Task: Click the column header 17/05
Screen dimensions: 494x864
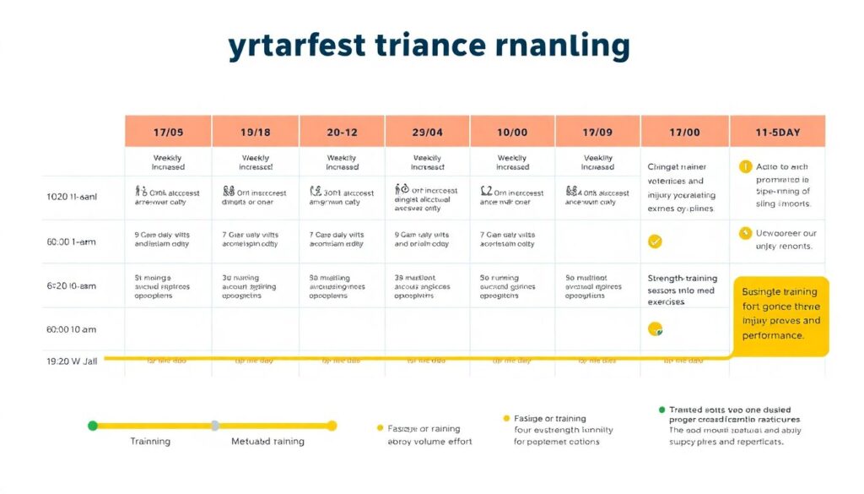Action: point(168,132)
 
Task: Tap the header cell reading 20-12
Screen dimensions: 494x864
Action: point(341,132)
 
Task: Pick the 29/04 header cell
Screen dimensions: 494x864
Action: point(427,132)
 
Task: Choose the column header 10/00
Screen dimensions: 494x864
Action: point(512,132)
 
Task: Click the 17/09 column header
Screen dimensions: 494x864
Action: point(597,132)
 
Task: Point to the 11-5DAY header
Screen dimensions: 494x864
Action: point(777,132)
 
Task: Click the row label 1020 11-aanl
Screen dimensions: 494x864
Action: point(72,197)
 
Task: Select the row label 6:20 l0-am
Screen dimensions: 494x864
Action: point(72,286)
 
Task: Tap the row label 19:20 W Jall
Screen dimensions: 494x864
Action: point(72,361)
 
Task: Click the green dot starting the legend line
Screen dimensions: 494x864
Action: point(93,426)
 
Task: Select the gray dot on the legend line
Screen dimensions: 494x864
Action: point(215,426)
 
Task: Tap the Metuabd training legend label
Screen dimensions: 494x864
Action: point(268,442)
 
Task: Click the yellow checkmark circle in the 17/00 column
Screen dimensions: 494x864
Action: point(655,242)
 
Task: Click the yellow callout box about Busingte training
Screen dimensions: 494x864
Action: point(780,313)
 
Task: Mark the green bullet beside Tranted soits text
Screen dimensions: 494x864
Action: point(662,410)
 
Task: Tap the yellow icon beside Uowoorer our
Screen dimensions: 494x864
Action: point(745,234)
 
